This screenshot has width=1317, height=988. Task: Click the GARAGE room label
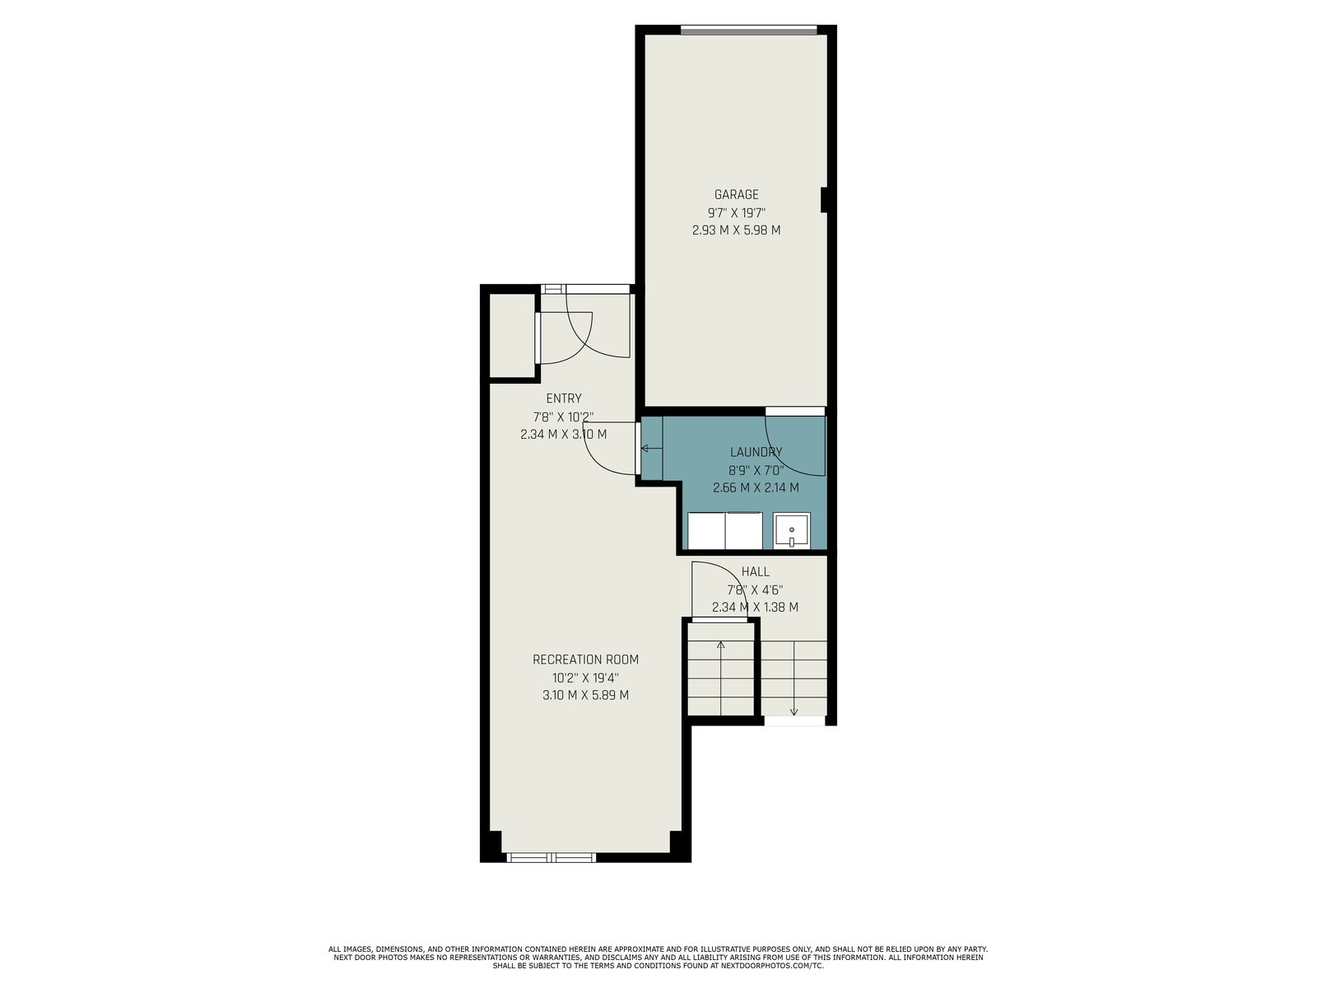(736, 194)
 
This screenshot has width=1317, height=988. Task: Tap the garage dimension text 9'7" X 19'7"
(736, 212)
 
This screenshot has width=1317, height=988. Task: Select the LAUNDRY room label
(756, 452)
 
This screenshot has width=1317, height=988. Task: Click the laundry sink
(791, 530)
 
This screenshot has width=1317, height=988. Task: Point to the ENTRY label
(563, 398)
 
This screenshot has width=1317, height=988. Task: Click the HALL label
(756, 571)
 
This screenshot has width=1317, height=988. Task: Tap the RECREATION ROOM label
(585, 659)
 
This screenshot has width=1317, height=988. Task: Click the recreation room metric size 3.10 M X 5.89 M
(585, 695)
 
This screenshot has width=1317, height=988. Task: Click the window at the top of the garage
(749, 30)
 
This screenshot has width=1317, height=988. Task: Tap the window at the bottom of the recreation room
(551, 858)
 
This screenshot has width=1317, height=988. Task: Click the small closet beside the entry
(513, 336)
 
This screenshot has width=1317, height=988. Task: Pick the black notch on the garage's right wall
(825, 200)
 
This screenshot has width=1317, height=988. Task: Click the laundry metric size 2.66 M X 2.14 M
(756, 487)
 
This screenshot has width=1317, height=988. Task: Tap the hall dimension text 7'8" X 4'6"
(755, 590)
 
